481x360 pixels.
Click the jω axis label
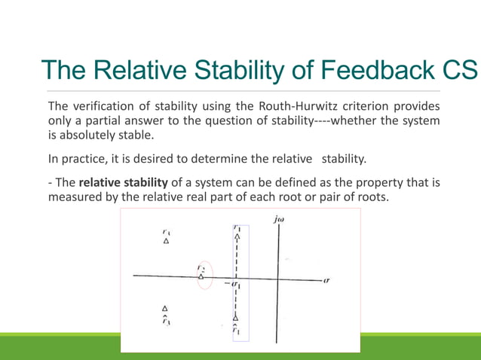[280, 219]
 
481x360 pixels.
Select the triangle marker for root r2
[201, 277]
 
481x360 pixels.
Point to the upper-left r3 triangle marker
[167, 242]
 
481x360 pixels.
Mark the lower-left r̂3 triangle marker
[166, 308]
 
